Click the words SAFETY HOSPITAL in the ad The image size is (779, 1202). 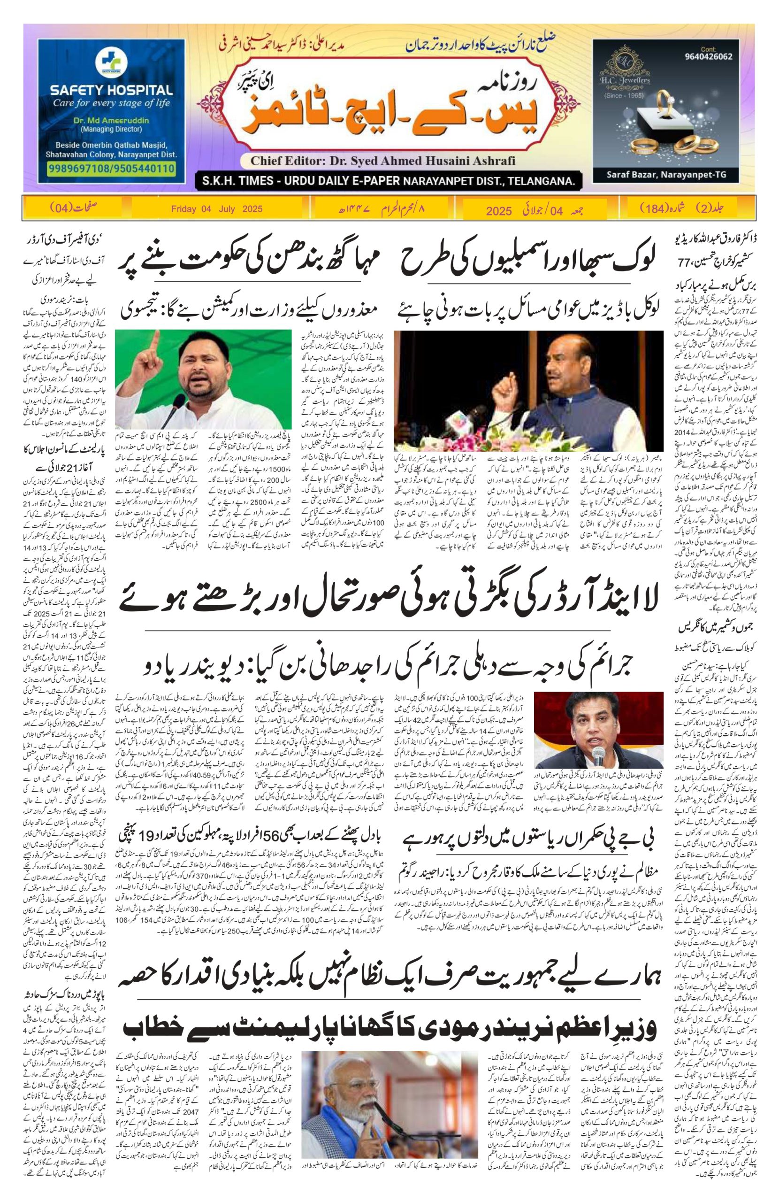[x=111, y=91]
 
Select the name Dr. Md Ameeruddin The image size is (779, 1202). [x=110, y=121]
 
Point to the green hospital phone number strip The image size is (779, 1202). [x=111, y=168]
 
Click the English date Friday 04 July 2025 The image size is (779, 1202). [x=217, y=208]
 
